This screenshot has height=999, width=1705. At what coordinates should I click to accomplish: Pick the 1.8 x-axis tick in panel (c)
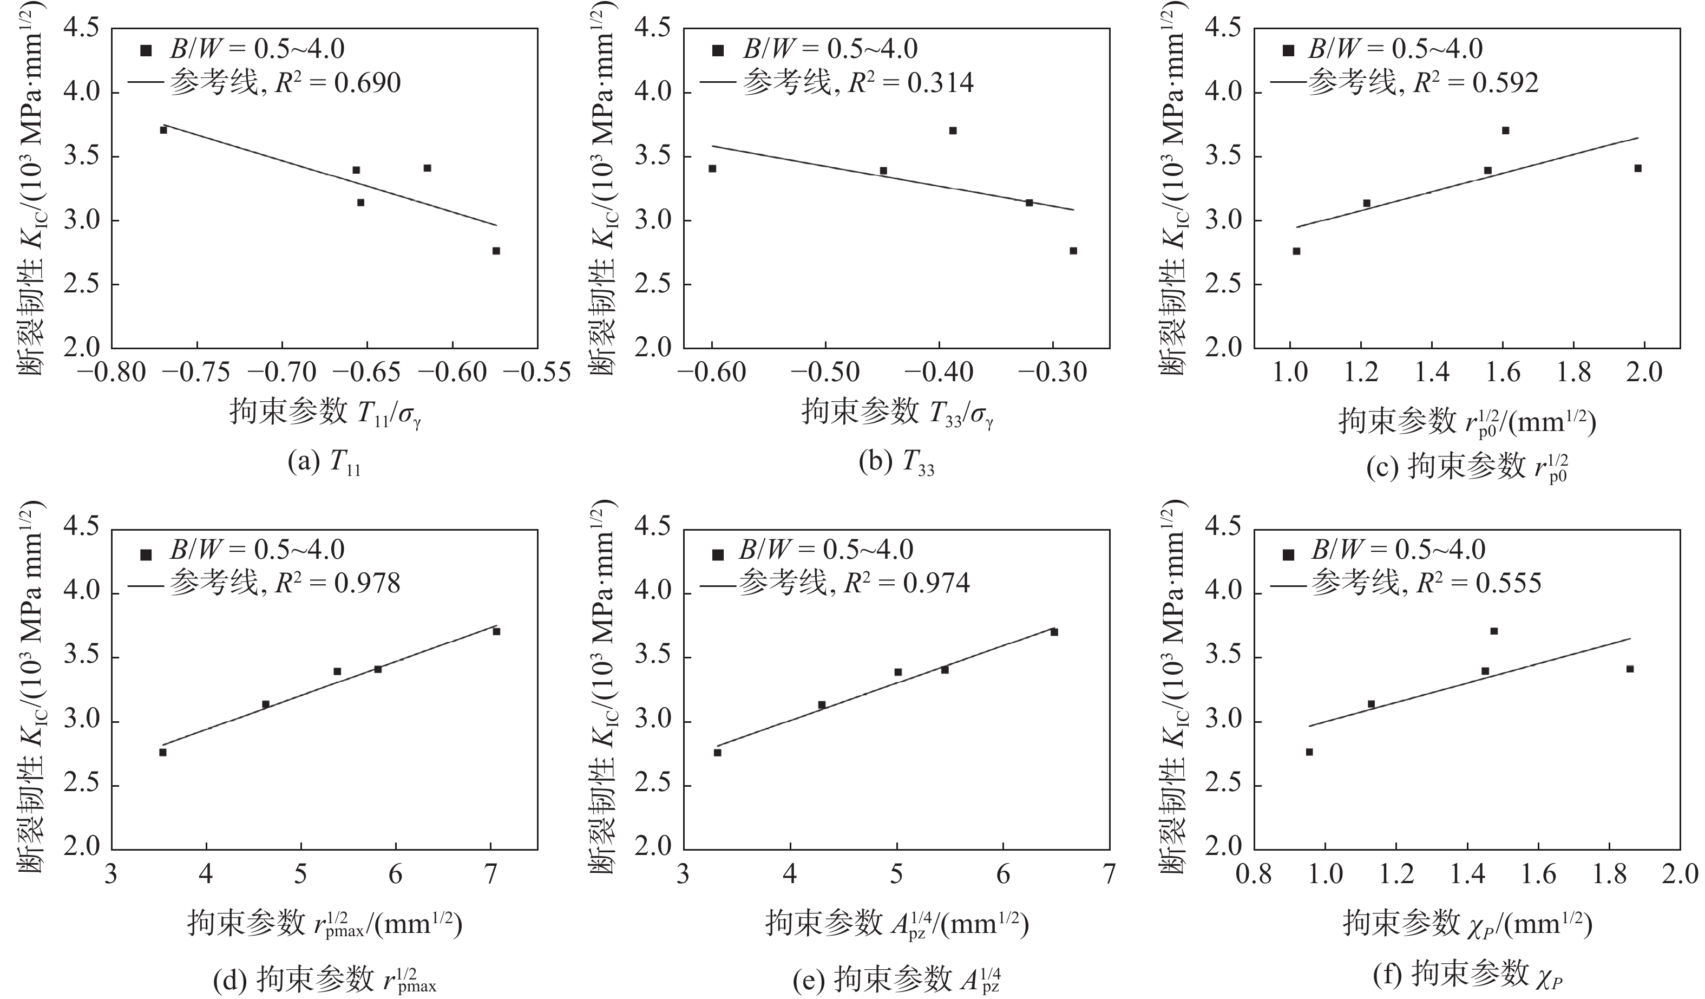[1573, 373]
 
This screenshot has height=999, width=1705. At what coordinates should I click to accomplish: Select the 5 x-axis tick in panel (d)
[300, 874]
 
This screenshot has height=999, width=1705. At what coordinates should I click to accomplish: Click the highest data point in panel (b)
[953, 130]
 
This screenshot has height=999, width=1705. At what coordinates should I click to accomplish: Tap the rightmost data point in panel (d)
[496, 631]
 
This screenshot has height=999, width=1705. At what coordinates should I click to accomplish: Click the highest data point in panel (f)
[1494, 631]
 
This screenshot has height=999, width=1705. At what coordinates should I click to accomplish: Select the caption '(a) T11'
[324, 463]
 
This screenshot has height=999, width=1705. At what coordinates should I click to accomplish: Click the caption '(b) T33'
[896, 463]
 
